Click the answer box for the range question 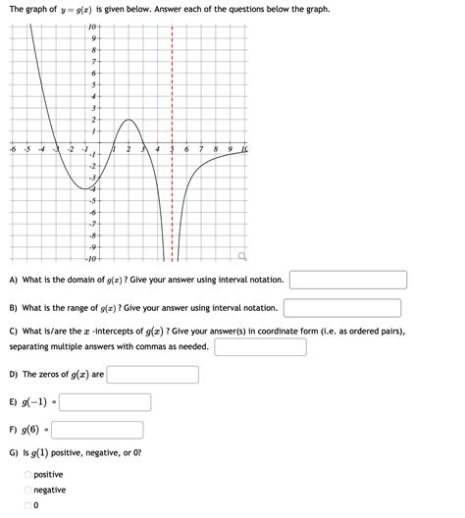342,308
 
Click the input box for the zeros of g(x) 153,375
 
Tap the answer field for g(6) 97,430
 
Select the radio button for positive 26,475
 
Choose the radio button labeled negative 26,490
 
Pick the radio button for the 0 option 26,505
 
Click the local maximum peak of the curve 128,121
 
